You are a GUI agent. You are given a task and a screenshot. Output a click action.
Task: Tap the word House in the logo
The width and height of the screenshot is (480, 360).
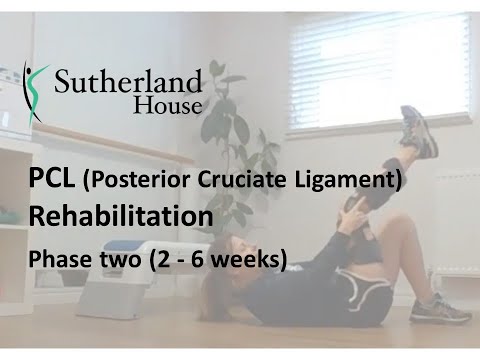[171, 103]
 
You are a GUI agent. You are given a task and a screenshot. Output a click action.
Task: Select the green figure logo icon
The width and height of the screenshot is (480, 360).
[33, 87]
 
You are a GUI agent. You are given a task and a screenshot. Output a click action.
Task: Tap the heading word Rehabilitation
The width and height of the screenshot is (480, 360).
[120, 216]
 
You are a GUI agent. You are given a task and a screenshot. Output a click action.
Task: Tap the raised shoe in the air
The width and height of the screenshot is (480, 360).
[418, 132]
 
